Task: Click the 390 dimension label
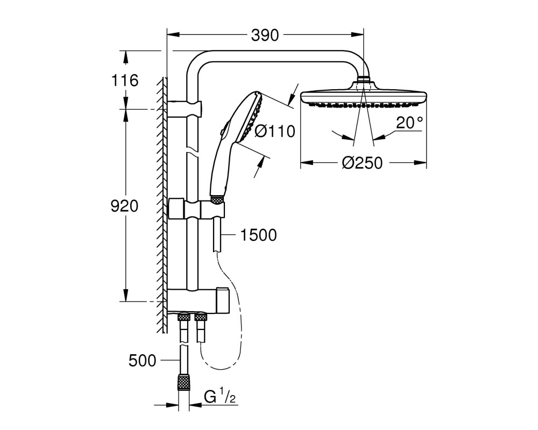tap(265, 35)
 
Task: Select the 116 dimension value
tap(125, 80)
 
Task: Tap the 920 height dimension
tap(124, 206)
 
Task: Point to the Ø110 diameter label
tap(275, 131)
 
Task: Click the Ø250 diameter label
tap(362, 163)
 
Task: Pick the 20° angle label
tap(409, 123)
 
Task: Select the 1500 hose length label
tap(258, 235)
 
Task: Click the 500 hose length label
tap(143, 360)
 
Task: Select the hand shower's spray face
tap(252, 116)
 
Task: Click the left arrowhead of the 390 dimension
tap(173, 34)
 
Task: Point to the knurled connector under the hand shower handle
tap(217, 199)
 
